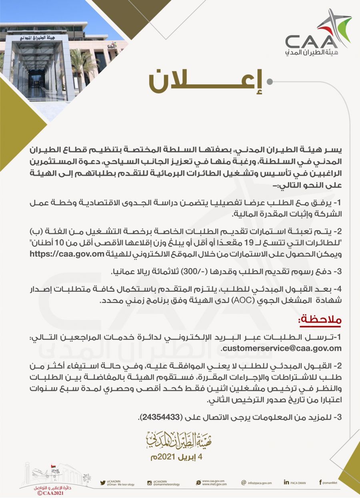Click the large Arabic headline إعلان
click(x=206, y=82)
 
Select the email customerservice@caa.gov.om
click(x=281, y=348)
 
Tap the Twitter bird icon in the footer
click(x=103, y=483)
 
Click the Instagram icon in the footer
click(x=149, y=483)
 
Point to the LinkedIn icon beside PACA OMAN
click(x=286, y=482)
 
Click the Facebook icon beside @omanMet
click(x=320, y=482)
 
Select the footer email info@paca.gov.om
click(x=262, y=483)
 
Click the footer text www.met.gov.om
click(x=214, y=484)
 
